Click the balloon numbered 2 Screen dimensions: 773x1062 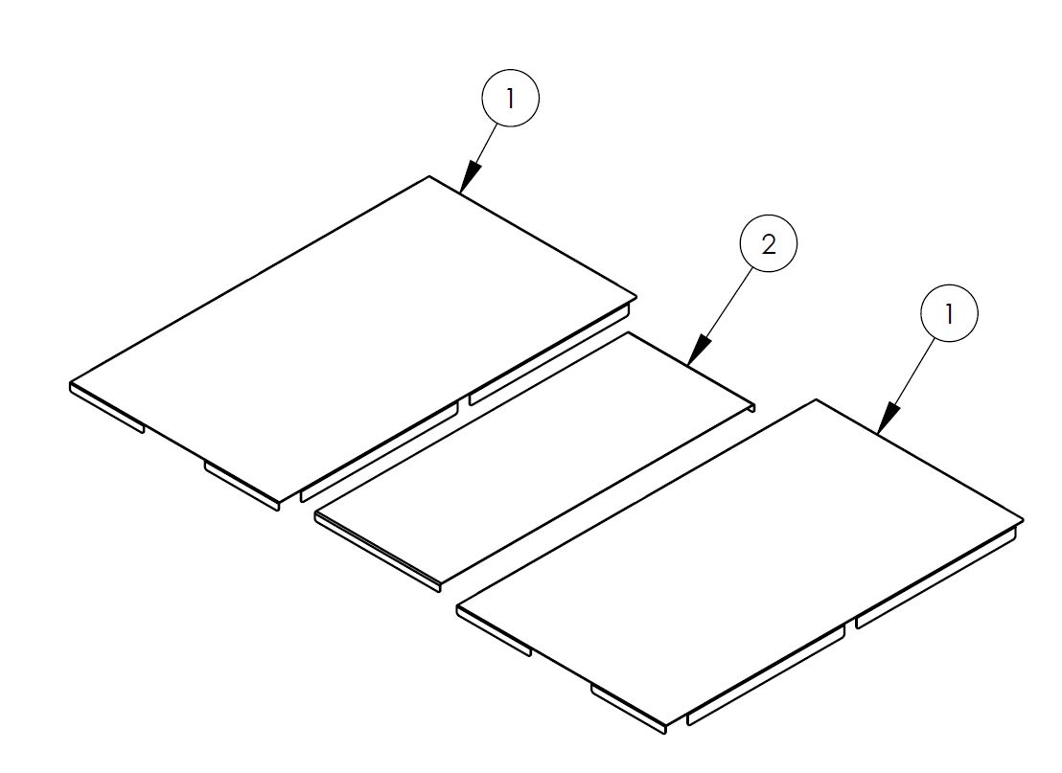769,244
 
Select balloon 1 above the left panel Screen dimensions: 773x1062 510,98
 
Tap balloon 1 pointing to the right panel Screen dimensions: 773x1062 949,314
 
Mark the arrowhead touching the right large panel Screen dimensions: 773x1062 889,419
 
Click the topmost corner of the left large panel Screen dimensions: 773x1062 428,177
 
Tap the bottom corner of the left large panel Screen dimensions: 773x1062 278,503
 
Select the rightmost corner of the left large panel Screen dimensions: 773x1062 636,298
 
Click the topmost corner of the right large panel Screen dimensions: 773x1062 816,400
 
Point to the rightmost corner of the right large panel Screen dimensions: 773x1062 1023,521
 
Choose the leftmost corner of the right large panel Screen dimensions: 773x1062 458,608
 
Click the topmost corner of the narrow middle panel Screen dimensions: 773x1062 628,333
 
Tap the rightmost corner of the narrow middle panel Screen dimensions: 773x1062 754,405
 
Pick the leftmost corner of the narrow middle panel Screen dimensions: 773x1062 316,514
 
